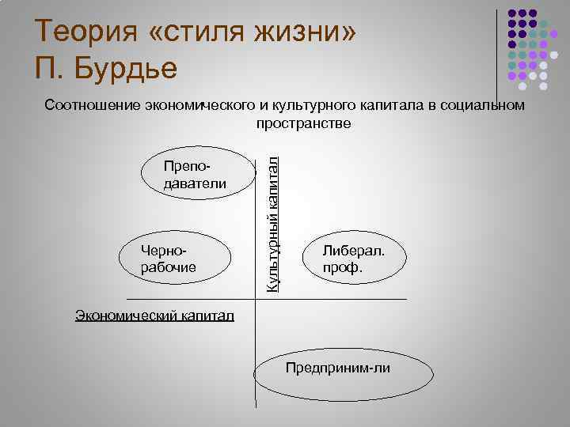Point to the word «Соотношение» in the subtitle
pyautogui.click(x=93, y=106)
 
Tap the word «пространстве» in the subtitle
pyautogui.click(x=303, y=124)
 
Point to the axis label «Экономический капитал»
pyautogui.click(x=154, y=316)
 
